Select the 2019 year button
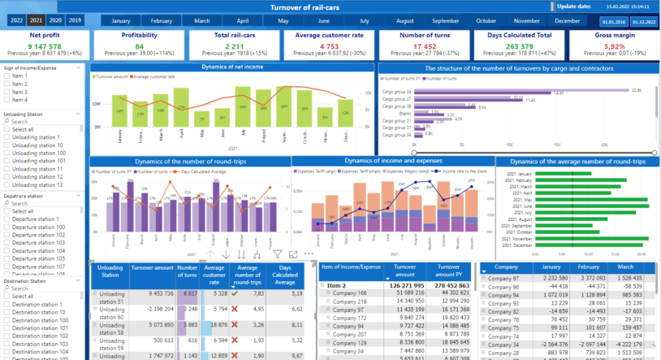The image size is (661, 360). tap(75, 20)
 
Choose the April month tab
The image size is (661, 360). tap(242, 20)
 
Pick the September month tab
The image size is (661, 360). tap(446, 20)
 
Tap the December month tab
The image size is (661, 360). tap(568, 20)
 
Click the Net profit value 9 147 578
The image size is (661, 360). tap(45, 46)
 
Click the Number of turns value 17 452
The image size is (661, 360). tap(425, 46)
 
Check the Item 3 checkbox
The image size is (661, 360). tap(8, 92)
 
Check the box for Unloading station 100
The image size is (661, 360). tap(8, 153)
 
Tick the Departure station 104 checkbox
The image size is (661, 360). tap(8, 251)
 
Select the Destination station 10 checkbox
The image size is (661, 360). tap(8, 312)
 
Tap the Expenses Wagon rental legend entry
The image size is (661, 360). tap(408, 171)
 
